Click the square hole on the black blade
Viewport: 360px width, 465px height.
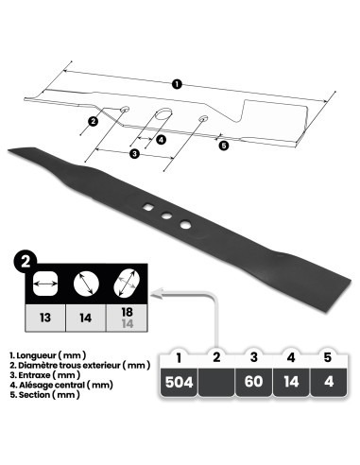[148, 208]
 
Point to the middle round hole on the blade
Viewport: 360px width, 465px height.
[166, 215]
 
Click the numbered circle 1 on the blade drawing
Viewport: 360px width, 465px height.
[178, 85]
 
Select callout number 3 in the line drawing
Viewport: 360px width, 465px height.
[135, 153]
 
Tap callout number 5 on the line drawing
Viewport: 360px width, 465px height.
[223, 145]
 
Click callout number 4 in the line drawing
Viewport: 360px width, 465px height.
[162, 139]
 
